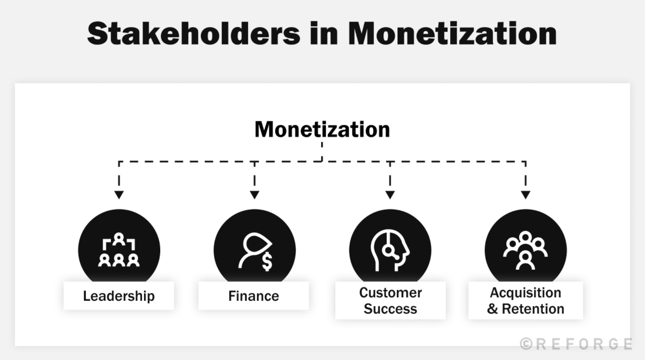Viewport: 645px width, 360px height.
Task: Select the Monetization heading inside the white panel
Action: click(322, 130)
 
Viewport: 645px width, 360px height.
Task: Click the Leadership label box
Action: click(119, 296)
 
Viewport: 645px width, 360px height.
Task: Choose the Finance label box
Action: click(253, 296)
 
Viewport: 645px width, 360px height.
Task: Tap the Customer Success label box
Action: click(390, 300)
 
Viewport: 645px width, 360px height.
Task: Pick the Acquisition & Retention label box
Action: click(526, 300)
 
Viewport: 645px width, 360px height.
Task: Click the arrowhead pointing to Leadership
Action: click(119, 195)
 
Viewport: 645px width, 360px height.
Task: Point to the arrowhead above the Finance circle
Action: click(254, 195)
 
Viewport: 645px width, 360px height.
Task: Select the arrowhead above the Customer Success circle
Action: click(390, 195)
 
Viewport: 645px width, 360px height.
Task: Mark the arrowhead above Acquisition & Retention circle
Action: click(526, 195)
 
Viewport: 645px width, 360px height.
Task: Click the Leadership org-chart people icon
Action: click(119, 251)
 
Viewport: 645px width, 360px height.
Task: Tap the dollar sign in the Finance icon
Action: click(267, 261)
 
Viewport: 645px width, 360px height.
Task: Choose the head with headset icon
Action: click(390, 251)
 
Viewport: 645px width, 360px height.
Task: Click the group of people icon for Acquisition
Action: click(526, 250)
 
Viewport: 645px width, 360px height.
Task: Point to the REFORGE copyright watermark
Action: click(576, 344)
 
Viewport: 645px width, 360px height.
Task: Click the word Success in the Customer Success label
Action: click(390, 309)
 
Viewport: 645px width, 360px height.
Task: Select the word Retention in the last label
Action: click(533, 309)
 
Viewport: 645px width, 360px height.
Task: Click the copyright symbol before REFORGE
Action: click(526, 344)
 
